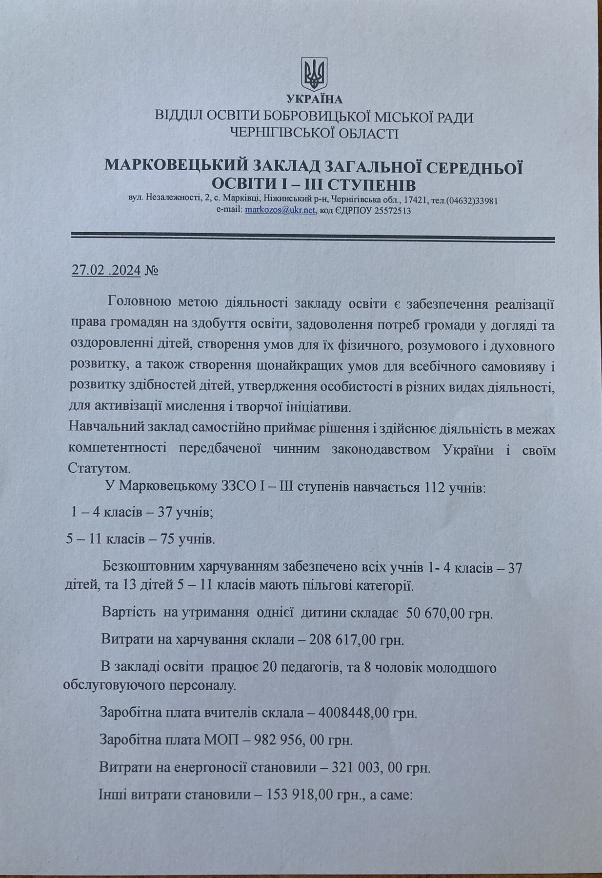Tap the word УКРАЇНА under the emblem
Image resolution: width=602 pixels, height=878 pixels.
click(315, 100)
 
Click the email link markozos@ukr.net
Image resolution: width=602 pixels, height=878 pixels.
click(281, 211)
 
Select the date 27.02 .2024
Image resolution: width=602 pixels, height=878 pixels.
click(106, 270)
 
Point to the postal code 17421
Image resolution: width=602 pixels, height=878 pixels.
click(418, 200)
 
